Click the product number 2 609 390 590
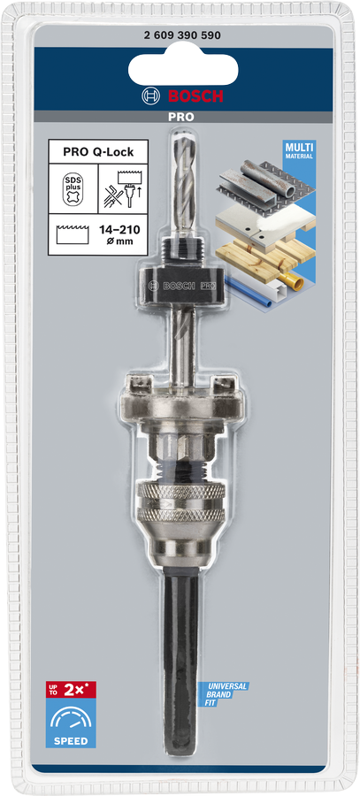click(180, 34)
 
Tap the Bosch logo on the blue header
click(180, 96)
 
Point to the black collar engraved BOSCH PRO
click(180, 286)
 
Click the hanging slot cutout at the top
click(180, 67)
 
